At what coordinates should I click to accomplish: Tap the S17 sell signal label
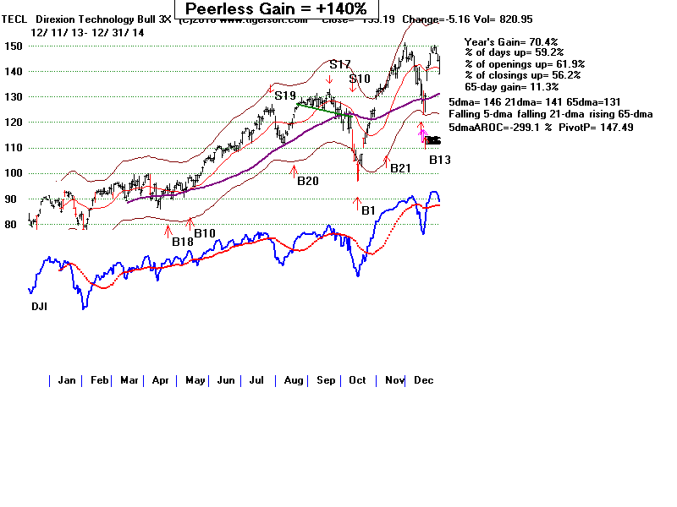[340, 64]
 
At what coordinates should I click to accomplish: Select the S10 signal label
[361, 79]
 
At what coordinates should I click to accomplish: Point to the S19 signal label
[285, 96]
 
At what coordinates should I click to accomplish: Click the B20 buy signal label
[307, 179]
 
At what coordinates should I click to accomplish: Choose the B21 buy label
[399, 168]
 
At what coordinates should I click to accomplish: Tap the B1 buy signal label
[367, 210]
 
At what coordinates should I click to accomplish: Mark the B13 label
[440, 160]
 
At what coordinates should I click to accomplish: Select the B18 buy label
[184, 242]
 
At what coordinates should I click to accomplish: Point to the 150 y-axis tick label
[36, 46]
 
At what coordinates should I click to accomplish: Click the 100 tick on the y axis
[36, 173]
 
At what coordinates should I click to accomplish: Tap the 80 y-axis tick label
[34, 225]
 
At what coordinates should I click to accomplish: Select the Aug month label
[293, 380]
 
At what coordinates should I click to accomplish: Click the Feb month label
[100, 380]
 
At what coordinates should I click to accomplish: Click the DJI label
[39, 306]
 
